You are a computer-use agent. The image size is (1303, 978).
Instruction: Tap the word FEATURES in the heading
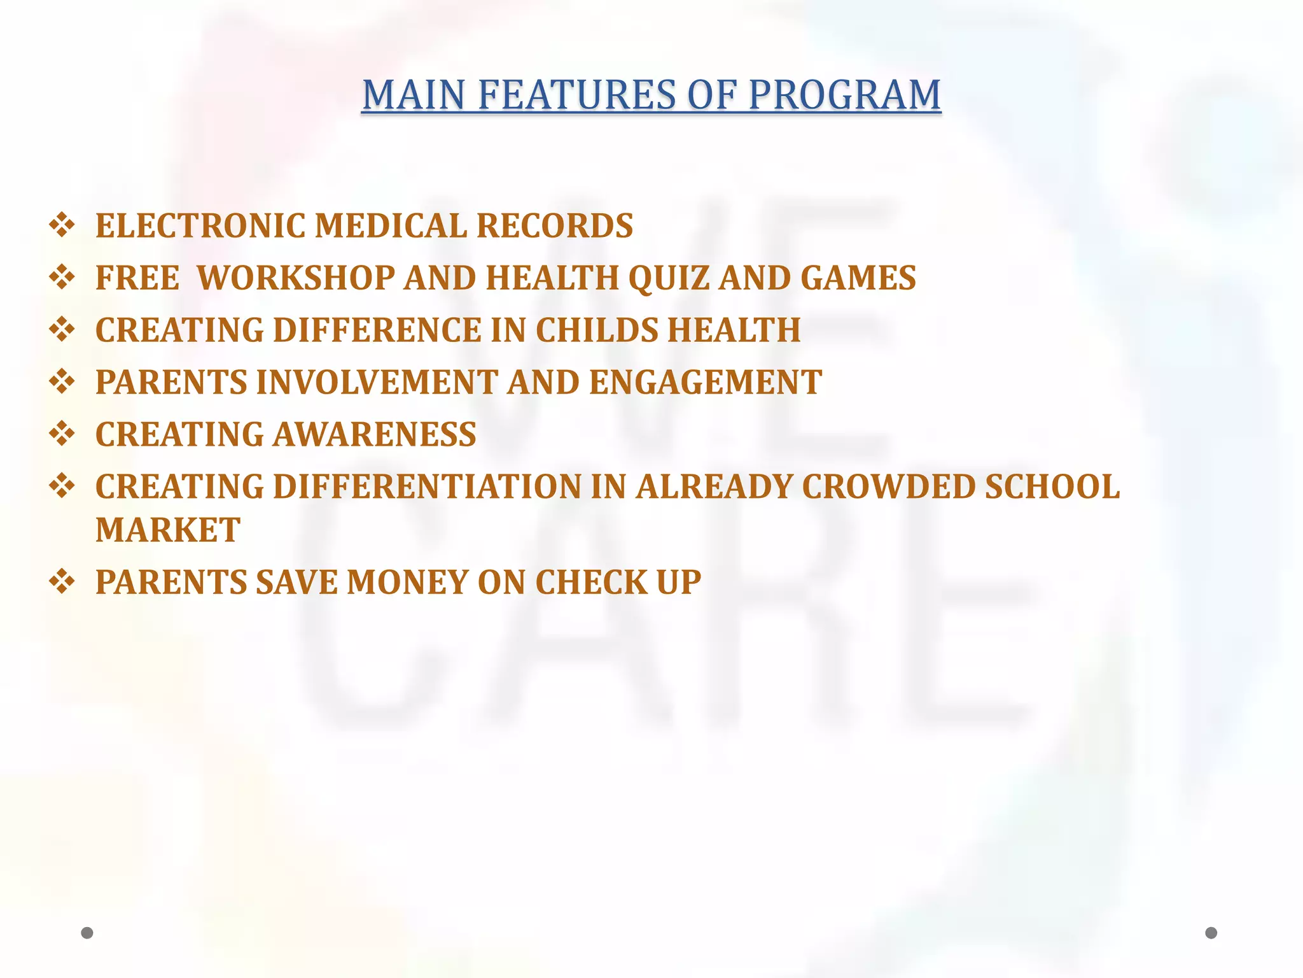(576, 96)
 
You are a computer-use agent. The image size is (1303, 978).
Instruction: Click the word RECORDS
(555, 226)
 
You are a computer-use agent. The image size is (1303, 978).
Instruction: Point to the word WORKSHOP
(296, 278)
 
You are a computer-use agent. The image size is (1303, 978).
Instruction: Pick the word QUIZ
(668, 278)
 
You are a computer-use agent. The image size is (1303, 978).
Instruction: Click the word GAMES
(858, 278)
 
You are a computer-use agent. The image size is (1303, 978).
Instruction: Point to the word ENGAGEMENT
(706, 383)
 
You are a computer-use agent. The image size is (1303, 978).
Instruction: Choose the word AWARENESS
(375, 435)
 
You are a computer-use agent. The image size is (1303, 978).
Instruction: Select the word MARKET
(168, 530)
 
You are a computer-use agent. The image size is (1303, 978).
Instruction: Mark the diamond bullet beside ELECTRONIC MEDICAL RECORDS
(62, 225)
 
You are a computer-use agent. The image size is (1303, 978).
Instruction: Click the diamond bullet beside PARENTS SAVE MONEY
(62, 582)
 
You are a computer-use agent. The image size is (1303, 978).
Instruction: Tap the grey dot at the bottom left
(87, 933)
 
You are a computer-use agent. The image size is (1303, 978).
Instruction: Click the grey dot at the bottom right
(1211, 933)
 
